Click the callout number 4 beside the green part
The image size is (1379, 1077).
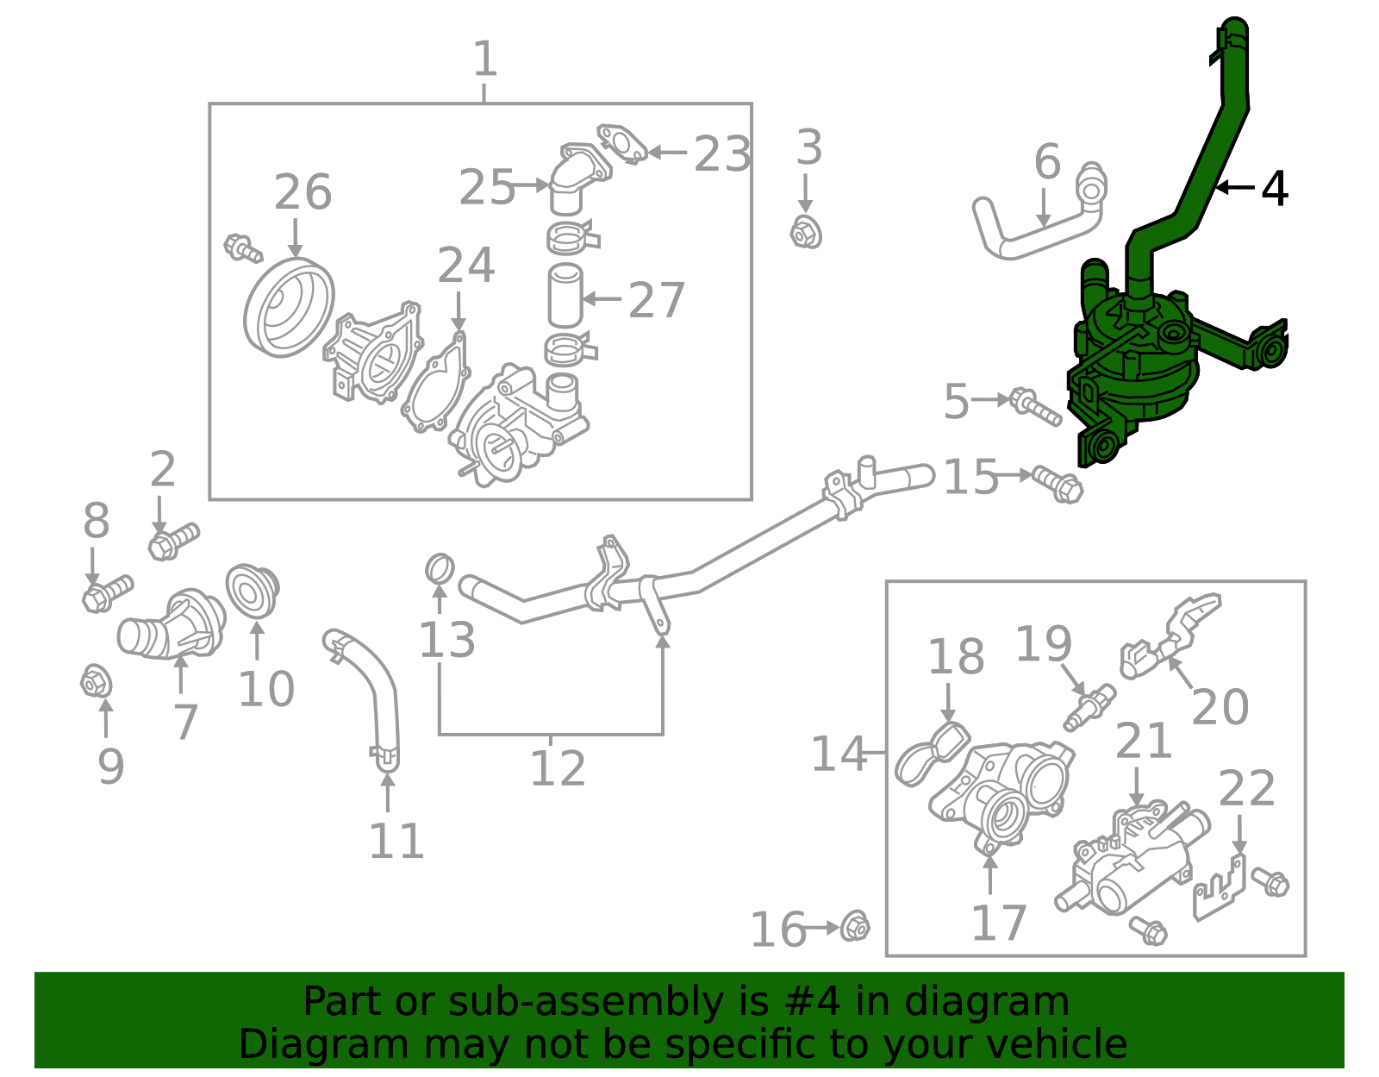point(1274,188)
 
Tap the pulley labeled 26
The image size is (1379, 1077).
point(289,307)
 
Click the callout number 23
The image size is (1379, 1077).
point(722,155)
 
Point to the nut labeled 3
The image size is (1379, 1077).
point(806,232)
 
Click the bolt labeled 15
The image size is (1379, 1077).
point(1058,484)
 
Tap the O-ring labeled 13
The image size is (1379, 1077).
point(440,569)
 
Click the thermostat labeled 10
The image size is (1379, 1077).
point(252,591)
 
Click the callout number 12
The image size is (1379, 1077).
point(557,768)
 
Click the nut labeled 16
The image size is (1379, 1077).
point(854,926)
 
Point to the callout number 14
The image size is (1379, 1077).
point(838,754)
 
